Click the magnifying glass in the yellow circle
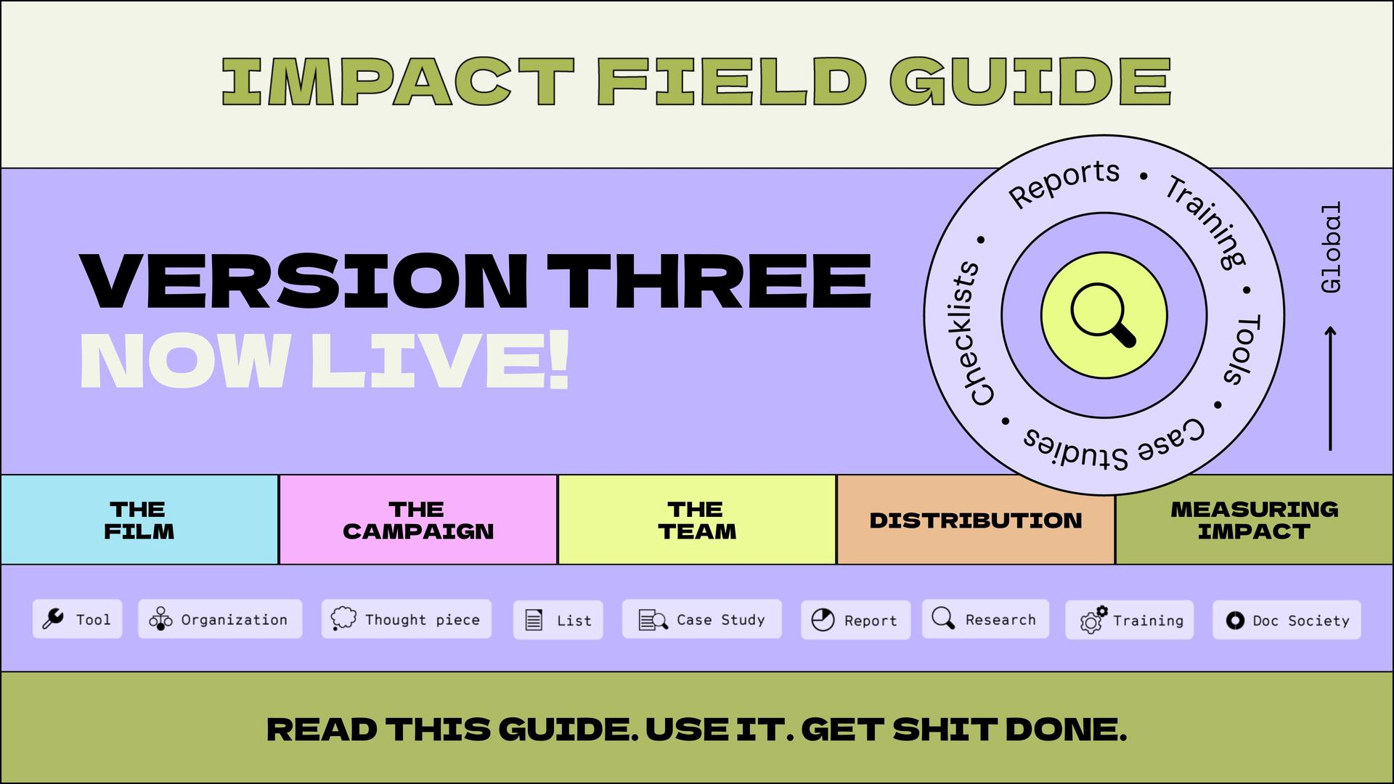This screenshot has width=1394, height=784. (x=1102, y=314)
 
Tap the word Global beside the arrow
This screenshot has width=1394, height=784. (x=1331, y=248)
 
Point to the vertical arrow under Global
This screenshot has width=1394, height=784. (x=1330, y=388)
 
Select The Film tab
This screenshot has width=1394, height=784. (x=139, y=520)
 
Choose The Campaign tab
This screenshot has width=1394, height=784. (x=418, y=520)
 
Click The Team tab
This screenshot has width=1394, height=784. (x=697, y=520)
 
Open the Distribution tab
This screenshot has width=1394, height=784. (x=976, y=520)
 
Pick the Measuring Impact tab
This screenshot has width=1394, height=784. (x=1254, y=520)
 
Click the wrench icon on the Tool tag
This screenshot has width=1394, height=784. (x=53, y=618)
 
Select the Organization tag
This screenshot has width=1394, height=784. (x=220, y=619)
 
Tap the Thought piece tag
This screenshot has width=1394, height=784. (x=407, y=619)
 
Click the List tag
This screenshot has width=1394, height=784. (x=558, y=620)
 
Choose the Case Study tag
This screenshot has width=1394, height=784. (x=702, y=619)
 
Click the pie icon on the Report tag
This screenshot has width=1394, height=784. (x=823, y=620)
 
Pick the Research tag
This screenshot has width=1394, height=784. (x=985, y=619)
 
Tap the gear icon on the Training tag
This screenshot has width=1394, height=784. (x=1093, y=619)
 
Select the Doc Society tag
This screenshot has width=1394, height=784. (x=1287, y=620)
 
